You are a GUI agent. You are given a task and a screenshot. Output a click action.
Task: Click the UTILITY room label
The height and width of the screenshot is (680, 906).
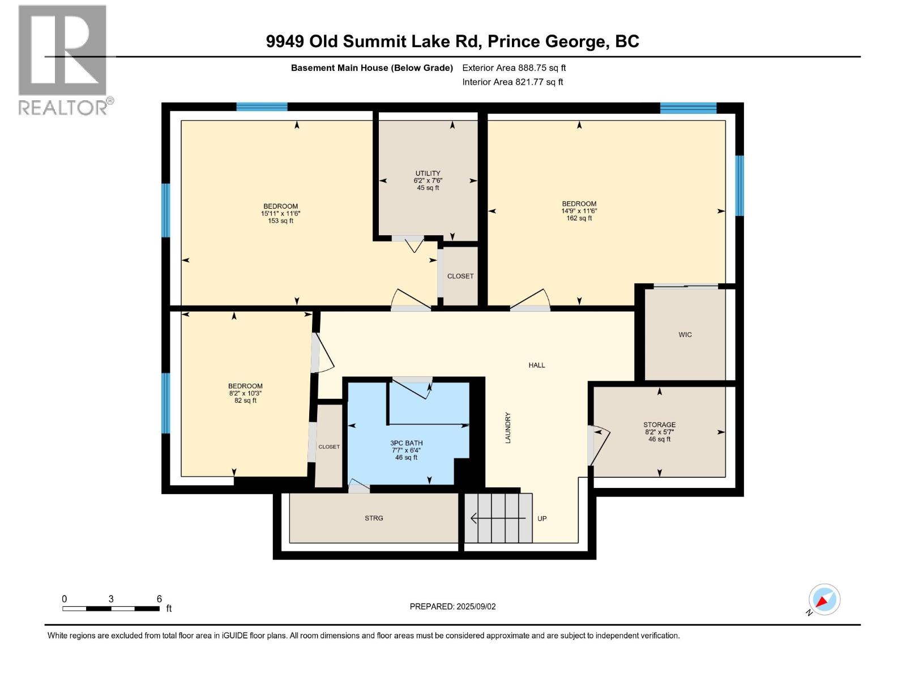coord(428,173)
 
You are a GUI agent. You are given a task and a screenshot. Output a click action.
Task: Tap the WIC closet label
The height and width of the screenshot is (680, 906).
coord(685,335)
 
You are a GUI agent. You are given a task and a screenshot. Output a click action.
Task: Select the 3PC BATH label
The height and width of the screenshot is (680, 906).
coord(406,443)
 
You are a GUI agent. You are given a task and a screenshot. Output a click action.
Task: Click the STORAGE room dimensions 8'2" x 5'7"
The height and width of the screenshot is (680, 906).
coord(659,432)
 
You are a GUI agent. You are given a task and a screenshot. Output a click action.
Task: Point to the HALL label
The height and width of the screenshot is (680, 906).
coord(537,365)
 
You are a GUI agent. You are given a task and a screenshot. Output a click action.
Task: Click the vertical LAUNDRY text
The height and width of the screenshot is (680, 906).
coord(508,428)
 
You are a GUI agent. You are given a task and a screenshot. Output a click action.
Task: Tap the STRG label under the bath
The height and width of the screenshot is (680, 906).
coord(374,518)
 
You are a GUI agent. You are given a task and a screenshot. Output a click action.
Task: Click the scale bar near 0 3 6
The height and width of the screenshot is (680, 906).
coord(110,609)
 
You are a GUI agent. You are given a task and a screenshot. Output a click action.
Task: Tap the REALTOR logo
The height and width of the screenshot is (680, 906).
coord(63,59)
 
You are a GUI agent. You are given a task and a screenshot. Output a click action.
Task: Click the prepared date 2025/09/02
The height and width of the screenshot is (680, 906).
coord(452,606)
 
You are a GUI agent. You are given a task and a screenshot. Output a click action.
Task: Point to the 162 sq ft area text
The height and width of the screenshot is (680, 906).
coord(579,218)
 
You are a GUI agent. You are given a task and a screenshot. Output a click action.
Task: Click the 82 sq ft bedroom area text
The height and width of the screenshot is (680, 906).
coord(245,401)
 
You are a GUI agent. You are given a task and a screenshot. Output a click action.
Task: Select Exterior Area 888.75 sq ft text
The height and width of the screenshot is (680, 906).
coord(514,68)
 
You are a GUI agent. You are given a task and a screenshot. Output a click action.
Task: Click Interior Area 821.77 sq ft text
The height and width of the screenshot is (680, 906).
coord(512,82)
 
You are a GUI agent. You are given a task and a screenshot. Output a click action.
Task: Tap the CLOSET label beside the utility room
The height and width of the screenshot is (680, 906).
coord(460,276)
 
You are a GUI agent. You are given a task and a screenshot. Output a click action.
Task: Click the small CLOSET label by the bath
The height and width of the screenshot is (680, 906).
coord(329,447)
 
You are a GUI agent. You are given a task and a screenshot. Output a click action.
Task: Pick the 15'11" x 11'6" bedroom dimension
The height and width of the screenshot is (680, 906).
coord(280,214)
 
